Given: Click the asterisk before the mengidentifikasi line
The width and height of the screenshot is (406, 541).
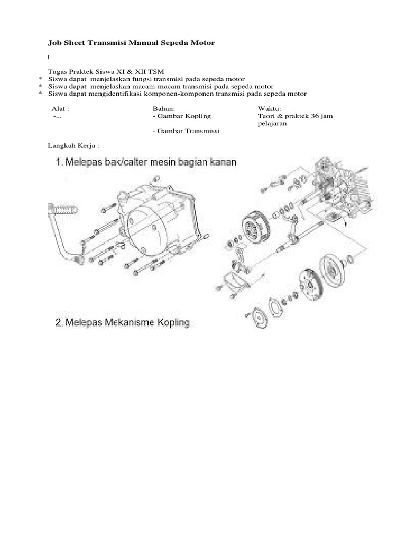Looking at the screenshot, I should (x=40, y=95).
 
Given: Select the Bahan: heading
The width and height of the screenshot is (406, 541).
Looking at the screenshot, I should (x=163, y=108).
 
